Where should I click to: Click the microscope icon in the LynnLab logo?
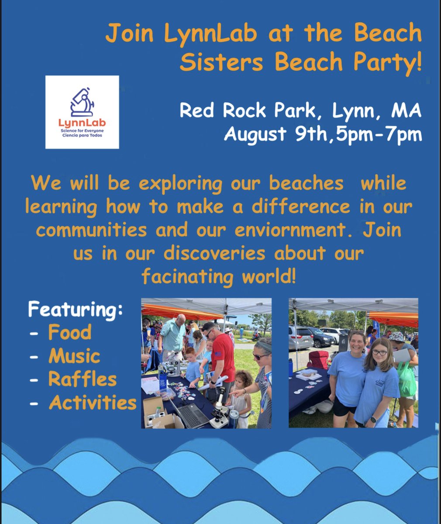pos(82,102)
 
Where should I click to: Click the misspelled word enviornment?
pos(301,230)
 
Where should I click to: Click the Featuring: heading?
pos(76,310)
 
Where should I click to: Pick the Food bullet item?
pos(69,333)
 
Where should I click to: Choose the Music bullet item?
pos(74,356)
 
